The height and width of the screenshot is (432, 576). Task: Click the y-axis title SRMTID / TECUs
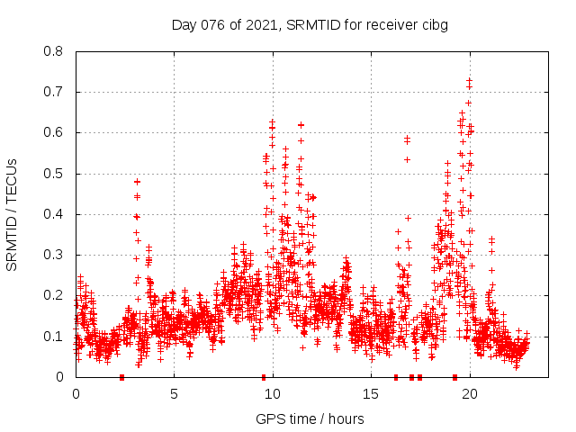click(12, 214)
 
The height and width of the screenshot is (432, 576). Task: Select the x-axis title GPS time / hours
click(310, 418)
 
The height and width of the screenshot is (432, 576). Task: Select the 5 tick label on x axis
click(174, 393)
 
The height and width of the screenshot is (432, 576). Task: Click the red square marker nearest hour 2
click(121, 377)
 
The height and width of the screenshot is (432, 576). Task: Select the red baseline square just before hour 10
click(264, 377)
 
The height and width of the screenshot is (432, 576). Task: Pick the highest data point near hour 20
click(469, 80)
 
